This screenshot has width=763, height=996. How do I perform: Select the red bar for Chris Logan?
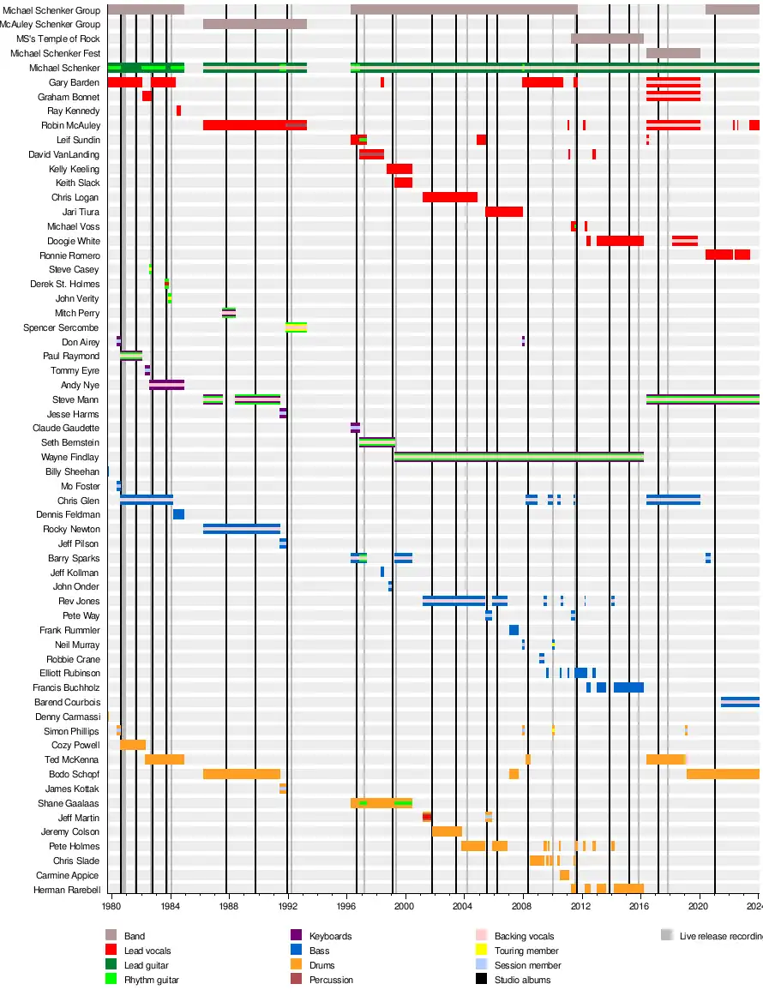tap(449, 197)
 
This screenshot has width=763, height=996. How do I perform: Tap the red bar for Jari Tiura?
tap(503, 212)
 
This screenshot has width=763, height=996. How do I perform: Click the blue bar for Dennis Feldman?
tap(178, 514)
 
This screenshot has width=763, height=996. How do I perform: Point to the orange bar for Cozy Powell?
tap(133, 745)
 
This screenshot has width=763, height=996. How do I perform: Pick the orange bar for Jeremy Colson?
tap(447, 831)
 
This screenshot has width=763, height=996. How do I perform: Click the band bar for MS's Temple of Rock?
tap(607, 39)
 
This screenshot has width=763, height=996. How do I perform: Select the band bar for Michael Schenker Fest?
tap(673, 53)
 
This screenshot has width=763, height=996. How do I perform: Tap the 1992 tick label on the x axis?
tap(287, 906)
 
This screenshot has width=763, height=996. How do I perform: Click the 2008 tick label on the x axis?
tap(521, 906)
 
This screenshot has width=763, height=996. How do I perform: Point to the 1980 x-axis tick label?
tap(111, 906)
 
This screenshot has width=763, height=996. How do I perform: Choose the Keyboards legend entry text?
tap(330, 936)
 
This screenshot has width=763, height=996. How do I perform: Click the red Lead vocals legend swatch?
tap(111, 951)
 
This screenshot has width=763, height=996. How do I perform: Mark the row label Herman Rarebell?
tap(67, 890)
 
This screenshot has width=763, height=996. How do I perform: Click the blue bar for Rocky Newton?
tap(241, 529)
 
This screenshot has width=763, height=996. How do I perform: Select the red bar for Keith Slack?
tap(403, 183)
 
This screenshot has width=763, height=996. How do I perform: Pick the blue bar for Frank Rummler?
tap(514, 630)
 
